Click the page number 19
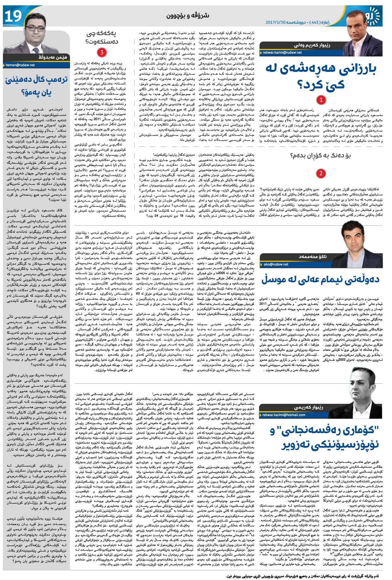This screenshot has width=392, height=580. (x=13, y=16)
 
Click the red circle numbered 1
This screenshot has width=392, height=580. (x=321, y=100)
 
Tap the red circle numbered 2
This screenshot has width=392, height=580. (x=321, y=173)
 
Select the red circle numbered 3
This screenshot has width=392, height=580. (x=101, y=52)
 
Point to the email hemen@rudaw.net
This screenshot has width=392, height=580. (x=20, y=65)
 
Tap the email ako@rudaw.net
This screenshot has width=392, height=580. (x=276, y=264)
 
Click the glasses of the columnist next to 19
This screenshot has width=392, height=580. (x=37, y=26)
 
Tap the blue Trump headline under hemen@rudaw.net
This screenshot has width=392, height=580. (x=36, y=86)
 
